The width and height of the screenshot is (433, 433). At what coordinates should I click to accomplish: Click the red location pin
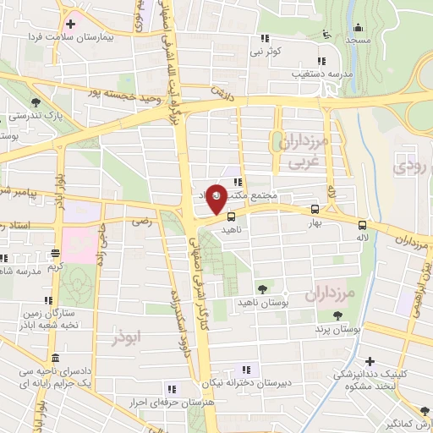click(x=217, y=198)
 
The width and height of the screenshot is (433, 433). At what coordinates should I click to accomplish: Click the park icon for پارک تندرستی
click(x=35, y=103)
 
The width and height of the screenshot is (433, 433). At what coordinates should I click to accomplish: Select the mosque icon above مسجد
click(x=326, y=34)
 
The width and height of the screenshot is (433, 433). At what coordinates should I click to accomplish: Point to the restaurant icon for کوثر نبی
click(x=265, y=37)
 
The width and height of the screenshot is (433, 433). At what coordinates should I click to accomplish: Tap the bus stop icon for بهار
click(x=315, y=209)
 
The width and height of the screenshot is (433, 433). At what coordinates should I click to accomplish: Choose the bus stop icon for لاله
click(x=362, y=225)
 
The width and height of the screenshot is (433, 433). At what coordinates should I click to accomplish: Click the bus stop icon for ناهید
click(x=233, y=216)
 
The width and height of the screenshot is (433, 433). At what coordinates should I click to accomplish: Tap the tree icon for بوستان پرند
click(x=338, y=315)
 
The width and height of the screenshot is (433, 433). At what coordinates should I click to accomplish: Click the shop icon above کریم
click(x=55, y=252)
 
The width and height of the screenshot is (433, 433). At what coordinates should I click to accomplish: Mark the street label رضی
click(x=140, y=220)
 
